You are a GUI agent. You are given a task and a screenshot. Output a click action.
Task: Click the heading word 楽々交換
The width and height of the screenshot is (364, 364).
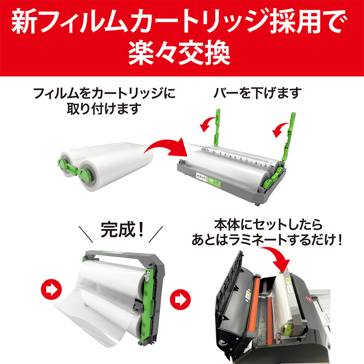pos(179,54)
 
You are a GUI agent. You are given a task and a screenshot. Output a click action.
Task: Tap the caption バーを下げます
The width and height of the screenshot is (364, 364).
pos(257,93)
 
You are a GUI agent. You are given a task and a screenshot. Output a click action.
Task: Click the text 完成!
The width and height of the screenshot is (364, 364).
pos(122,230)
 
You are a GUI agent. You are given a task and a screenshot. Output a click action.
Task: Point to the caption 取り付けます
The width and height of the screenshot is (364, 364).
pos(104,108)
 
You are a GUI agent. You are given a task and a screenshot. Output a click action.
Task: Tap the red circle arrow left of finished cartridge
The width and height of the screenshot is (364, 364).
pos(51,289)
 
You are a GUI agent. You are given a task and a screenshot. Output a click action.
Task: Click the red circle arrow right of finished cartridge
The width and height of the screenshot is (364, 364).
pos(180,299)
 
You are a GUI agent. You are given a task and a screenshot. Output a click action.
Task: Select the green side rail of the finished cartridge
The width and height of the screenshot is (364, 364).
pos(147,306)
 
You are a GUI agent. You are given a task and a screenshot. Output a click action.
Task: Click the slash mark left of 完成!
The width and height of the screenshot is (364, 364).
pos(86,234)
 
